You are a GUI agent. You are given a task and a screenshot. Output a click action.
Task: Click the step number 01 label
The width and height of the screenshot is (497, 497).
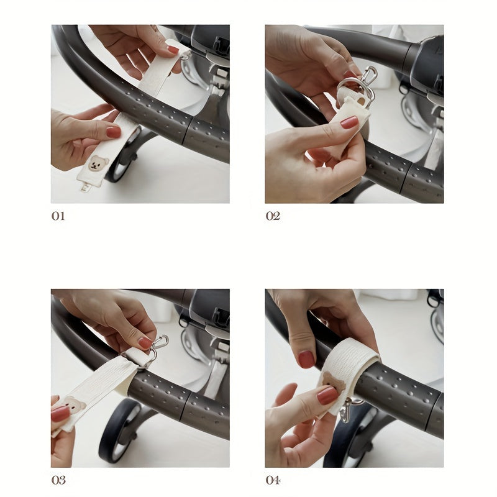pos(58,216)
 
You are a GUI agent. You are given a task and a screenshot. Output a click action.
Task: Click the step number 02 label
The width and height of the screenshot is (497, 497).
pos(273,216)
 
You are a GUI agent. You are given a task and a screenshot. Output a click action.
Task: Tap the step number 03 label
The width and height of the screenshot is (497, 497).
pos(58,480)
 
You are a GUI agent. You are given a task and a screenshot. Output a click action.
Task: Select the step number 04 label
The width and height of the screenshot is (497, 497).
pos(273,480)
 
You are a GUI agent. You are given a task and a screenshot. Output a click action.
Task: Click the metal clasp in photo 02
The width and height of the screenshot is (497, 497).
pos(360,86)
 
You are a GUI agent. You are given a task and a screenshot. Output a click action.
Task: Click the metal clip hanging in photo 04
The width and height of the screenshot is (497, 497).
pos(349,411)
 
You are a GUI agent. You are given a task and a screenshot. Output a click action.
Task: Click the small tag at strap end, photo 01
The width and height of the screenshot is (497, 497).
pos(85,187)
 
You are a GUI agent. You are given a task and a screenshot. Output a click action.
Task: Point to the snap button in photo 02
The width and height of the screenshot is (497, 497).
pos(361,101)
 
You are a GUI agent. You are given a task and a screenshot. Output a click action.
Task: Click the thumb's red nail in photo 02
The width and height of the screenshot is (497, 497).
pos(349,122)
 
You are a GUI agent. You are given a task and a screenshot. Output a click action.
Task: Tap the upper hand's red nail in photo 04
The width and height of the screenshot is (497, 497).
pos(306,359)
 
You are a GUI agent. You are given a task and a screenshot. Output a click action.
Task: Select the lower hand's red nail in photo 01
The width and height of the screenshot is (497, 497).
pos(114,132)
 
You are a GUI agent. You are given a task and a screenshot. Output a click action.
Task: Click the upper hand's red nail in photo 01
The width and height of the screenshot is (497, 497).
pos(173,50)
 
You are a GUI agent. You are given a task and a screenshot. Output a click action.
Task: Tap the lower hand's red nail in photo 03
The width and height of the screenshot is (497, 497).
pos(60,414)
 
